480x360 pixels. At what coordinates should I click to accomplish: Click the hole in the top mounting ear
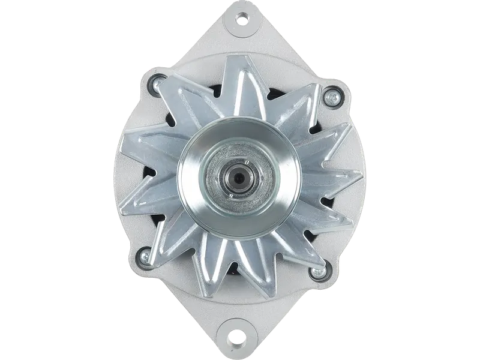tap(242, 19)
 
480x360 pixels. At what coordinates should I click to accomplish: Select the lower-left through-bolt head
tap(145, 257)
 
